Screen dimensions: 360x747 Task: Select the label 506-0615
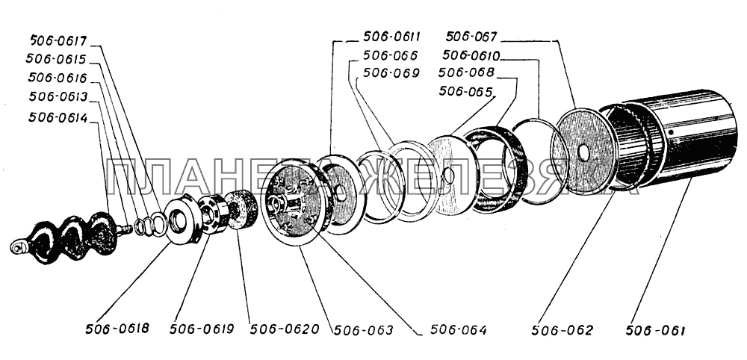(57, 60)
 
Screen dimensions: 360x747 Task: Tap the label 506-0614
(58, 117)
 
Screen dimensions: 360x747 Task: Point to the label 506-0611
(391, 37)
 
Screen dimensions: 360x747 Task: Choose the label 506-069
(391, 72)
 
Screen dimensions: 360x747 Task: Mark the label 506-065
(465, 91)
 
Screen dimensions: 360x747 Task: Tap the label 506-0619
(202, 329)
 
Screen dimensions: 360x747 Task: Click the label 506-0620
(285, 329)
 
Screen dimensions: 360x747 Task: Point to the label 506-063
(363, 329)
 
